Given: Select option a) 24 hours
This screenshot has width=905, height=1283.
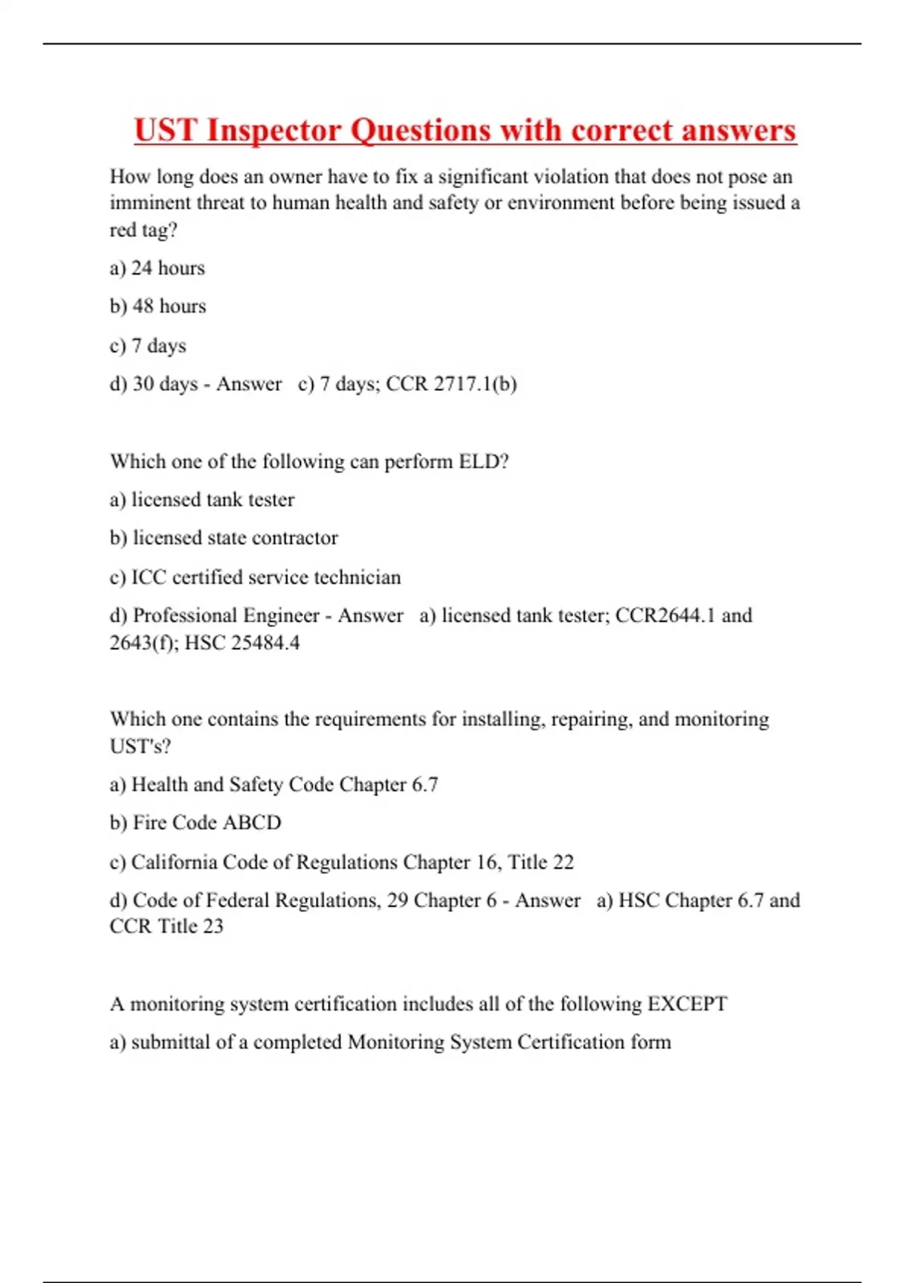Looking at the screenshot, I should coord(157,268).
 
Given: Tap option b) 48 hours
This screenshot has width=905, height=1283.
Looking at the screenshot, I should coord(158,306).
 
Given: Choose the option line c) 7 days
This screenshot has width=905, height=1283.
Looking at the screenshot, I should coord(148,346).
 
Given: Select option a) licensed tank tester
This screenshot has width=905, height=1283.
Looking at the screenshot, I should coord(201,500).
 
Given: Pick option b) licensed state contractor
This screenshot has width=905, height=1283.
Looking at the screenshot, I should coord(223,538).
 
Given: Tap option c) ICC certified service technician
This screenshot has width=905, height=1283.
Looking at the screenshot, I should coord(255,577).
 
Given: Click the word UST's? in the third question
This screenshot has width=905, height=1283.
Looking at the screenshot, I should coord(140,746).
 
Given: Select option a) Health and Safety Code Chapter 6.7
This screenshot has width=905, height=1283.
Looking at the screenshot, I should coord(273,785).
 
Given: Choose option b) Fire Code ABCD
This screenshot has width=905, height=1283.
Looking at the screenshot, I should coord(195,823).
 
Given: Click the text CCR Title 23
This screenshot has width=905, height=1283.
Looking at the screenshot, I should coord(166,926).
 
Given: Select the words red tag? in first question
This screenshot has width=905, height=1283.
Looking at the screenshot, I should coord(143,230).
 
